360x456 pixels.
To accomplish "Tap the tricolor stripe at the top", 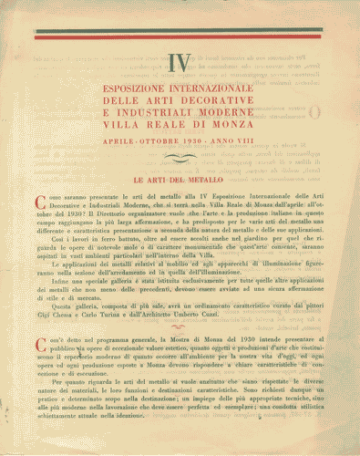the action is pos(180,36).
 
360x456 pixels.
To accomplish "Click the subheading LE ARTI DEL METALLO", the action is pos(180,181).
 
